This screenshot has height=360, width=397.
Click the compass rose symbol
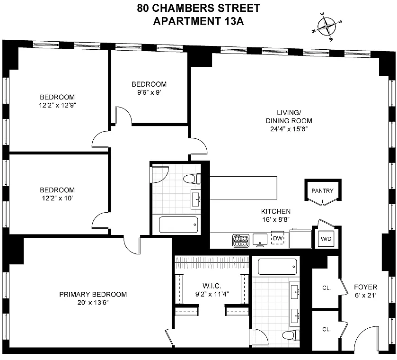coord(327,27)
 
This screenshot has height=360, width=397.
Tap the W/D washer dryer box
coord(326,239)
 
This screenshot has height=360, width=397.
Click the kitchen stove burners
coord(241,241)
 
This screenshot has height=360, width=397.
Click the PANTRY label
coord(322,190)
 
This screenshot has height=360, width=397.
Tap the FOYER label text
coord(365,287)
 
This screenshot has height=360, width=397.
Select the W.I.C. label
coord(212,286)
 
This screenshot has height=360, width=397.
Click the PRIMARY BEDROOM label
coord(93,294)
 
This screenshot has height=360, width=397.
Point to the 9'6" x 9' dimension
coord(149,92)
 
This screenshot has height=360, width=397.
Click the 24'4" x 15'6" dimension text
coord(289,129)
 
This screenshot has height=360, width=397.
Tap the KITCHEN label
coord(276,211)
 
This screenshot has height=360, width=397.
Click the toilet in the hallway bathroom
coord(192,179)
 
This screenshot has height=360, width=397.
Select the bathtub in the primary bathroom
coord(277,267)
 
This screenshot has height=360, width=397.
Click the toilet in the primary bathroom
coord(291,335)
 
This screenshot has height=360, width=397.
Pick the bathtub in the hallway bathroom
coord(178,225)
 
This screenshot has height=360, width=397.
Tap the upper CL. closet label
coord(326,288)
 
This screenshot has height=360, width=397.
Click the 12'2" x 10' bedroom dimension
coord(57,198)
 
